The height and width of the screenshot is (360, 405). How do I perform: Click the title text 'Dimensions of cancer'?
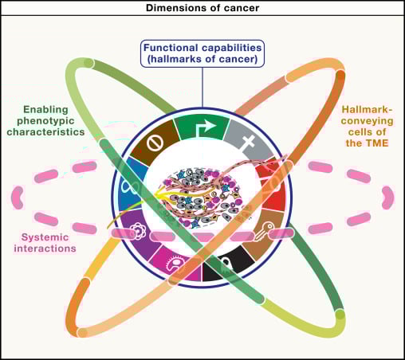[202, 8]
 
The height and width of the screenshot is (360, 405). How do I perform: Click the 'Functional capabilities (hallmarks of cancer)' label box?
[202, 53]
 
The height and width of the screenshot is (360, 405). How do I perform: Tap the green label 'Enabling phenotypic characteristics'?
[53, 119]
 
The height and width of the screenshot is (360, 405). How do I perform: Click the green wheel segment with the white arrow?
[202, 126]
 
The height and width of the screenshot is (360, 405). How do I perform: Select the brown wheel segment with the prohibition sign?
[152, 142]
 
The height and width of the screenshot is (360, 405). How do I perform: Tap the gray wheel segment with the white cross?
[250, 142]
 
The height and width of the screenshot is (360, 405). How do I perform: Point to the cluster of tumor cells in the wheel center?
[202, 195]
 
